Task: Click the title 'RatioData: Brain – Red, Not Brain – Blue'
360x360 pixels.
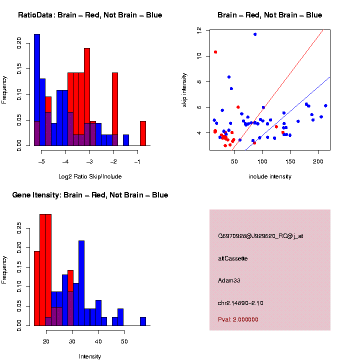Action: click(x=90, y=15)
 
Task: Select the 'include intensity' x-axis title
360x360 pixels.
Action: click(x=270, y=176)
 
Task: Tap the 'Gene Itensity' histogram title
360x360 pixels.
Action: click(x=90, y=195)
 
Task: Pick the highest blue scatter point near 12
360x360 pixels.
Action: click(x=255, y=34)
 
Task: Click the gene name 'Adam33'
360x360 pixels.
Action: click(x=229, y=280)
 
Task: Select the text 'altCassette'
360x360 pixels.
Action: click(x=233, y=258)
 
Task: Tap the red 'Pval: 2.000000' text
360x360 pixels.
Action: click(x=238, y=319)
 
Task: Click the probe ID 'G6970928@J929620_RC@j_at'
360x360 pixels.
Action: click(x=260, y=236)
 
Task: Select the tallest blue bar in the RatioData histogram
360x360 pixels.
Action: click(x=37, y=90)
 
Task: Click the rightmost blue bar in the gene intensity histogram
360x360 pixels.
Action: click(x=143, y=321)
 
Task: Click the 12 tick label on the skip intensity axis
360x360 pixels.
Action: click(x=199, y=30)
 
